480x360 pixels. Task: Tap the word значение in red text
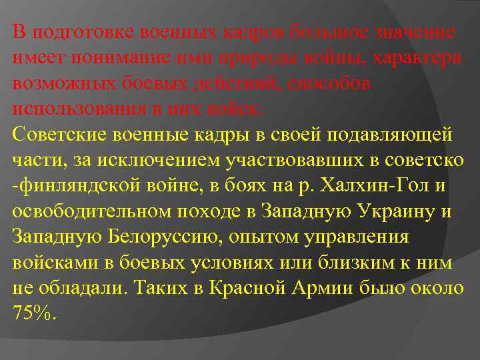tap(414, 31)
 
